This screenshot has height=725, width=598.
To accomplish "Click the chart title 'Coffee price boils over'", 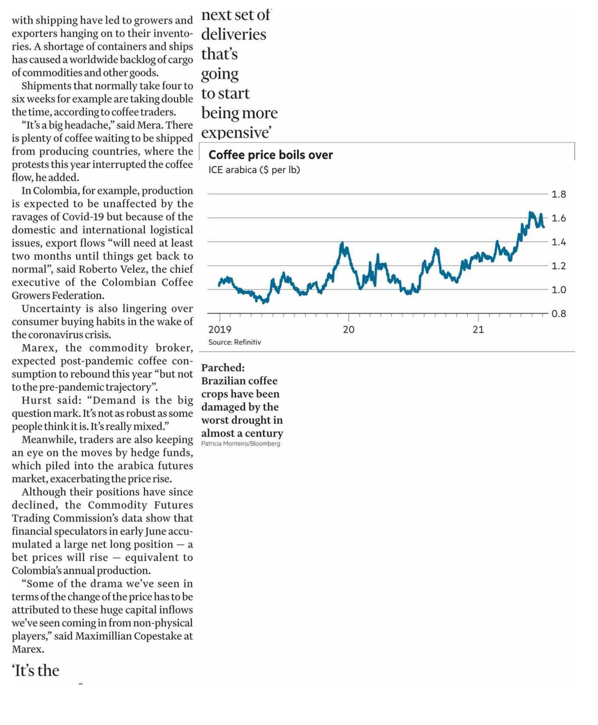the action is point(271,155).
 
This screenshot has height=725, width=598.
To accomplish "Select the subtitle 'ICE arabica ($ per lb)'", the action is point(254,170).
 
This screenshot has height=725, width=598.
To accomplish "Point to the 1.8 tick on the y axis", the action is point(559,194).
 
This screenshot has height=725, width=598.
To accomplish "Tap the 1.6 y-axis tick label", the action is point(559,218).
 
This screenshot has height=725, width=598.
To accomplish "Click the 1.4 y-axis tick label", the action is point(559,242).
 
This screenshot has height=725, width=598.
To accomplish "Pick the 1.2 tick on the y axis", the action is point(559,266).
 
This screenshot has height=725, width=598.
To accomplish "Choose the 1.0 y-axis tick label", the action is point(559,290).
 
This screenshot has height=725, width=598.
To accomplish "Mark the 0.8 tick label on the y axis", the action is point(559,314).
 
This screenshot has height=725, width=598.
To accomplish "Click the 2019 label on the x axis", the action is point(220,330).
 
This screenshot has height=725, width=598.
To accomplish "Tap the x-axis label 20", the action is point(348,330).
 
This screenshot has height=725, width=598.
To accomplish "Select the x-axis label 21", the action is point(478,330).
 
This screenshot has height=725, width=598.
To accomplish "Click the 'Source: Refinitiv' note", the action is point(235,342).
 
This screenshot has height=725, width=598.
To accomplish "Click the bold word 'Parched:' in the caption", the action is point(223,368).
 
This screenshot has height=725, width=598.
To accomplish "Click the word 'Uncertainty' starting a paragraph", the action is point(52,309).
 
